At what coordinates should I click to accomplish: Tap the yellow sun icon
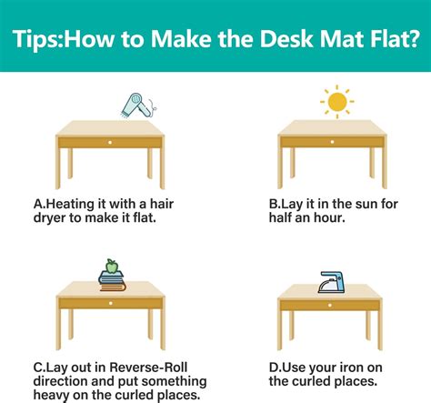click(x=336, y=101)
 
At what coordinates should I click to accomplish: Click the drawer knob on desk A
click(x=110, y=143)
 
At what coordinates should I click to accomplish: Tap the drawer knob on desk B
click(x=329, y=143)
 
